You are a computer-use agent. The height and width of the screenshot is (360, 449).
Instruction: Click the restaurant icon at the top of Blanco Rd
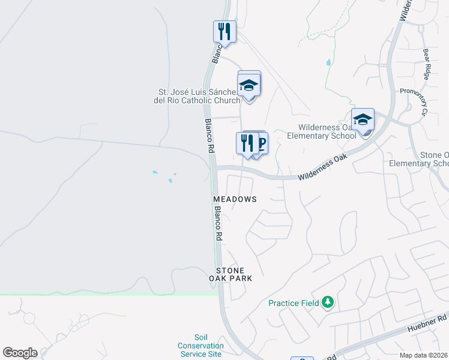click(x=224, y=31)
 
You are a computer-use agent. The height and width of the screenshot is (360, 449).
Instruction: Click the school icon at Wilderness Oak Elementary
click(x=363, y=119)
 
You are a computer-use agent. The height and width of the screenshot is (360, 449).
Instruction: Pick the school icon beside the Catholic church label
click(x=249, y=86)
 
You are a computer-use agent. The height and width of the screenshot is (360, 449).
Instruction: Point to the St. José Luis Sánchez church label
click(x=199, y=97)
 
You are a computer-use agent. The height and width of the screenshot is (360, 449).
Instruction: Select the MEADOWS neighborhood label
click(x=235, y=199)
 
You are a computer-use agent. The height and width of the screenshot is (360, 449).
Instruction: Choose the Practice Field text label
click(x=294, y=303)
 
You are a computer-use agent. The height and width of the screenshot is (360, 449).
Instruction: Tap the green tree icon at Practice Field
click(x=328, y=302)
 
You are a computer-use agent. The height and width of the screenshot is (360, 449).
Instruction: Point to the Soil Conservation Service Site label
click(x=200, y=346)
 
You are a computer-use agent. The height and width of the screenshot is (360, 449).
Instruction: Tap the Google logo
click(x=20, y=353)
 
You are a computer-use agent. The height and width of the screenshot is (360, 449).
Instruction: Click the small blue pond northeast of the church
click(x=328, y=62)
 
